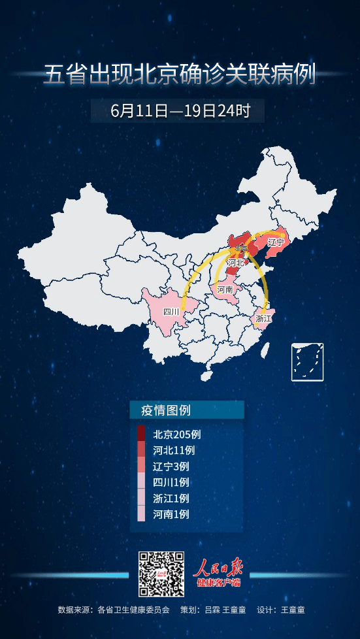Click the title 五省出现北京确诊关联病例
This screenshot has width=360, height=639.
click(180, 74)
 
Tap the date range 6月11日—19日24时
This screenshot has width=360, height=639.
click(180, 110)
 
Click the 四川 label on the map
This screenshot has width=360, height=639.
click(171, 312)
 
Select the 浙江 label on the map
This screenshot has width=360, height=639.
click(264, 318)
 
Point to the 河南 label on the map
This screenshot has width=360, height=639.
click(225, 289)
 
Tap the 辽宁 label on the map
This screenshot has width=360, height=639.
click(276, 242)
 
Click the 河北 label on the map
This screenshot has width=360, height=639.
click(235, 263)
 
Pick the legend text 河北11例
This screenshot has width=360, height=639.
click(174, 450)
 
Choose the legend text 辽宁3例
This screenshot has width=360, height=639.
click(171, 467)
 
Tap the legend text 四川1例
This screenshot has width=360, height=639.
click(171, 482)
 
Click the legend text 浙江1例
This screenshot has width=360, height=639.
click(171, 498)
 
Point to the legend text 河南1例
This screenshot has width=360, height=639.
click(171, 514)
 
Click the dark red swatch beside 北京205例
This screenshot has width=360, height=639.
click(141, 434)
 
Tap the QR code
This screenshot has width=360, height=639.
click(161, 573)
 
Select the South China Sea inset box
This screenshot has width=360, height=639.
click(308, 361)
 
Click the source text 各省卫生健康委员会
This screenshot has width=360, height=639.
click(133, 610)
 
